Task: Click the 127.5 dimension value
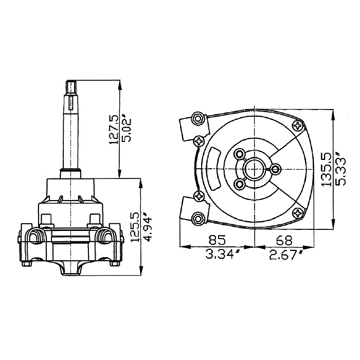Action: coord(114,129)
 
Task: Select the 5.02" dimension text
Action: coord(127,130)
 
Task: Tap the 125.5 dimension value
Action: coord(135,227)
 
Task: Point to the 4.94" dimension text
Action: coord(147,227)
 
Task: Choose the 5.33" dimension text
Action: coord(340,169)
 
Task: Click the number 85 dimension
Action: coord(217,240)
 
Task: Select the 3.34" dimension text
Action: coord(222,254)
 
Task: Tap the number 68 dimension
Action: coord(284,240)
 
